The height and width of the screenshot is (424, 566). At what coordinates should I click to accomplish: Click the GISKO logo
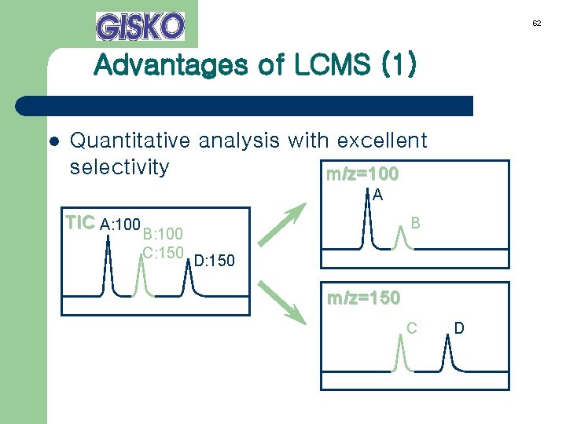pos(140,26)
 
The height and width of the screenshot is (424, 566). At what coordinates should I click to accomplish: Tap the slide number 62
pos(536,24)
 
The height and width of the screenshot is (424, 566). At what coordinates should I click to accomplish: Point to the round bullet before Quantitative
pos(53,142)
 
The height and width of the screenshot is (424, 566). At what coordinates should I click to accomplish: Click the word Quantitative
pos(130,141)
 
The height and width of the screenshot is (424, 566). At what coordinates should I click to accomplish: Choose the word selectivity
pos(119,167)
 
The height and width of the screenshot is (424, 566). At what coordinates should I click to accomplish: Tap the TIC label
pos(80,223)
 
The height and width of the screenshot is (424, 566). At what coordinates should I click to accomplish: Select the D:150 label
pos(213,260)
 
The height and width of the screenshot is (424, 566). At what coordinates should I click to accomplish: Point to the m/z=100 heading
pos(362,173)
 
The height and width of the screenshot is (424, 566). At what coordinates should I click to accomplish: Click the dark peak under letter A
pos(367,220)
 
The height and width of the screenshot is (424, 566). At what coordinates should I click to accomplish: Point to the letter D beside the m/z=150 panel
pos(460,327)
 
